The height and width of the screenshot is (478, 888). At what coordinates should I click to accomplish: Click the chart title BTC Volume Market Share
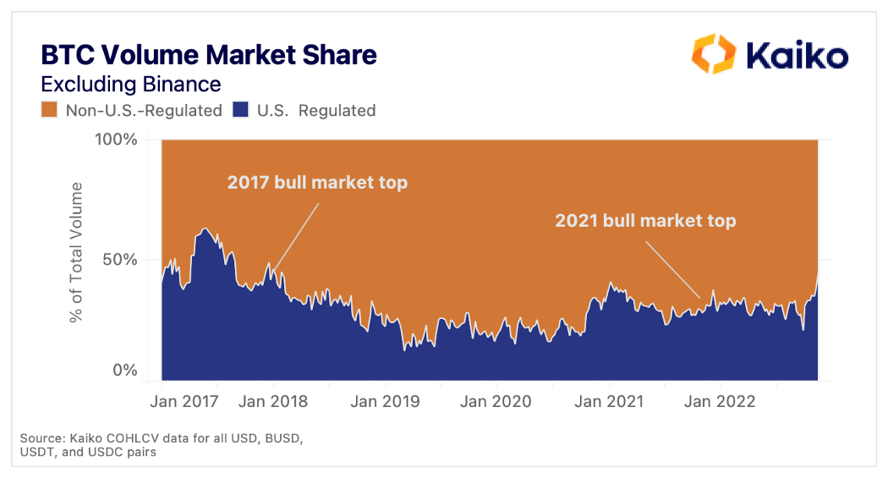[209, 56]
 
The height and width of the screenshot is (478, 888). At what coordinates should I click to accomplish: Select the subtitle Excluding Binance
[130, 84]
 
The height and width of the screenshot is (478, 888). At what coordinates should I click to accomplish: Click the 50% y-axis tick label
[119, 260]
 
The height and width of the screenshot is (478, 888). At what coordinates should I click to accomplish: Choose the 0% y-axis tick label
[124, 370]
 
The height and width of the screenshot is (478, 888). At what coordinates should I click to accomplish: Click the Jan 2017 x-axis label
[185, 400]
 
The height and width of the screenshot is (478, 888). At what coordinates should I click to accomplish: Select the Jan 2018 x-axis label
[273, 400]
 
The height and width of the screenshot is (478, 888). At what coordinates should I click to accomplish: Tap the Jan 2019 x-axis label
[385, 400]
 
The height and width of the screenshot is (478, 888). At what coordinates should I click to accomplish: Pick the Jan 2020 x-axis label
[496, 400]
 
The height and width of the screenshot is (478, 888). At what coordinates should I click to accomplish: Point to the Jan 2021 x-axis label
[608, 400]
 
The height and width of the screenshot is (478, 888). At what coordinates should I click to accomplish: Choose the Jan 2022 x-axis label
[719, 400]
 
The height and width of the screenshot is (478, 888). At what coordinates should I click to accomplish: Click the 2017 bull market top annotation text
[317, 183]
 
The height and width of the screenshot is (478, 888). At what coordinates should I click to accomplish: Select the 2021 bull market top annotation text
[645, 221]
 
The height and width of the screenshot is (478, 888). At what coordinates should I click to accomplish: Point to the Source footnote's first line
[161, 438]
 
